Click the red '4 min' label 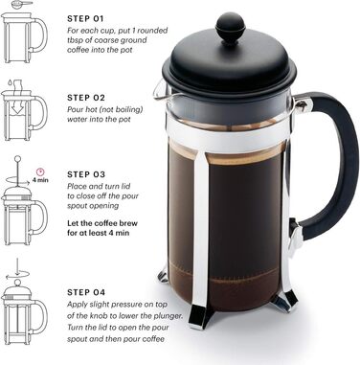40,178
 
